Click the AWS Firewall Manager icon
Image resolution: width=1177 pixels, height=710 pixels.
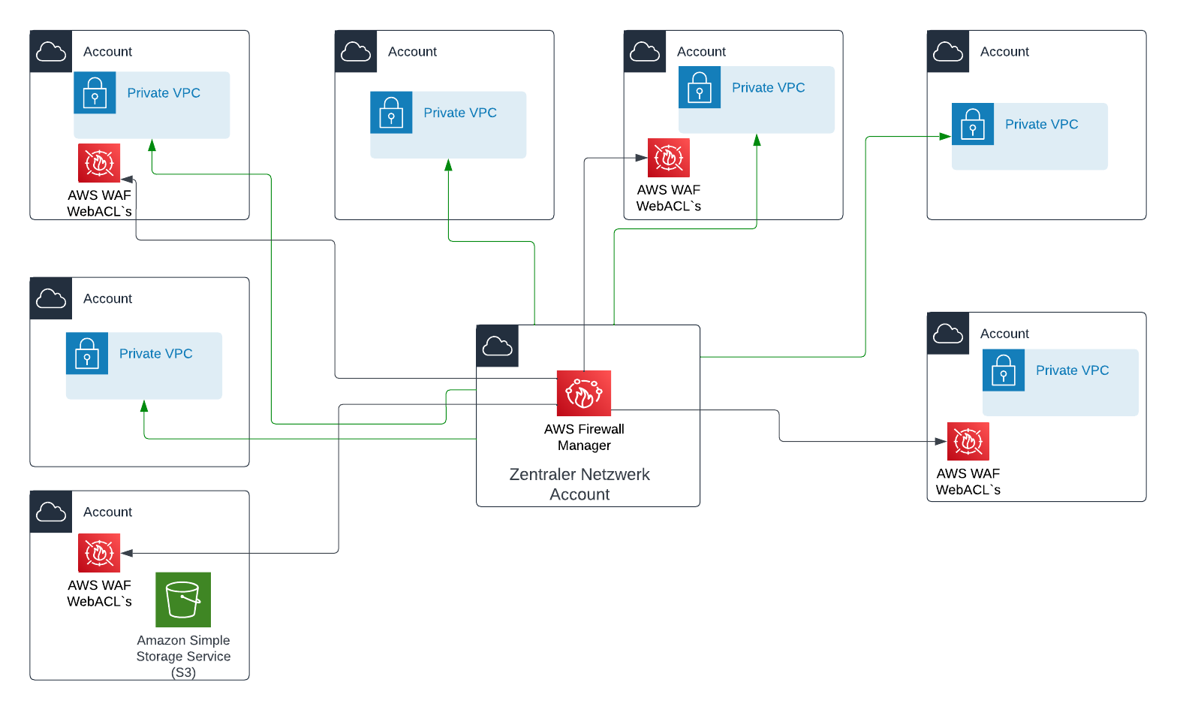point(583,393)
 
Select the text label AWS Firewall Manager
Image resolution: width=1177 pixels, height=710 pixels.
point(584,437)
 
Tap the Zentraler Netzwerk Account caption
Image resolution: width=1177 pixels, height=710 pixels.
point(579,485)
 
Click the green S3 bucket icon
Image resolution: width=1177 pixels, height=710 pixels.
point(183,600)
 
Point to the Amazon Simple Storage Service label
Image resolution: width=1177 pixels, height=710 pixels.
point(183,655)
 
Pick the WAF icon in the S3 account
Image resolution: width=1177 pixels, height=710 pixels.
point(99,553)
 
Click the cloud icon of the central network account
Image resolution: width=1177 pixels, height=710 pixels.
point(497,346)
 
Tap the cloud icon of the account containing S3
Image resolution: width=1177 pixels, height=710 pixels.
point(51,512)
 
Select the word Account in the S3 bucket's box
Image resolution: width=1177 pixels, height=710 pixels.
point(107,512)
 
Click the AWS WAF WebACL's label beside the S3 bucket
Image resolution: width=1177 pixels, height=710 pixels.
point(99,594)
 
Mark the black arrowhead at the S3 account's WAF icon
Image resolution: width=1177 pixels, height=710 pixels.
point(127,554)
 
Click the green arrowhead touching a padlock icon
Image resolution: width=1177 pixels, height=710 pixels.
point(945,137)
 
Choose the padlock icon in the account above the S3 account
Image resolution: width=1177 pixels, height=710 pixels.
point(87,353)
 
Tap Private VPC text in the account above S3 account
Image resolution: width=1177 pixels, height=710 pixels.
point(155,354)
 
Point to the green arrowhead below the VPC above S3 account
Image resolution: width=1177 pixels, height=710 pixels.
point(144,406)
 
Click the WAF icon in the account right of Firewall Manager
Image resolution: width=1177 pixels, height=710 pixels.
point(968,441)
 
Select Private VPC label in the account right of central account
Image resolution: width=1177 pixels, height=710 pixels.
point(1072,370)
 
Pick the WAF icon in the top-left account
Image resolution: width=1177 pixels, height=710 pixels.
point(99,163)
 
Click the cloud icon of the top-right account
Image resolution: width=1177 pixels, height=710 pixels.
point(948,52)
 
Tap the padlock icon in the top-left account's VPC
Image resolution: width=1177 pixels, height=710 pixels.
point(95,92)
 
